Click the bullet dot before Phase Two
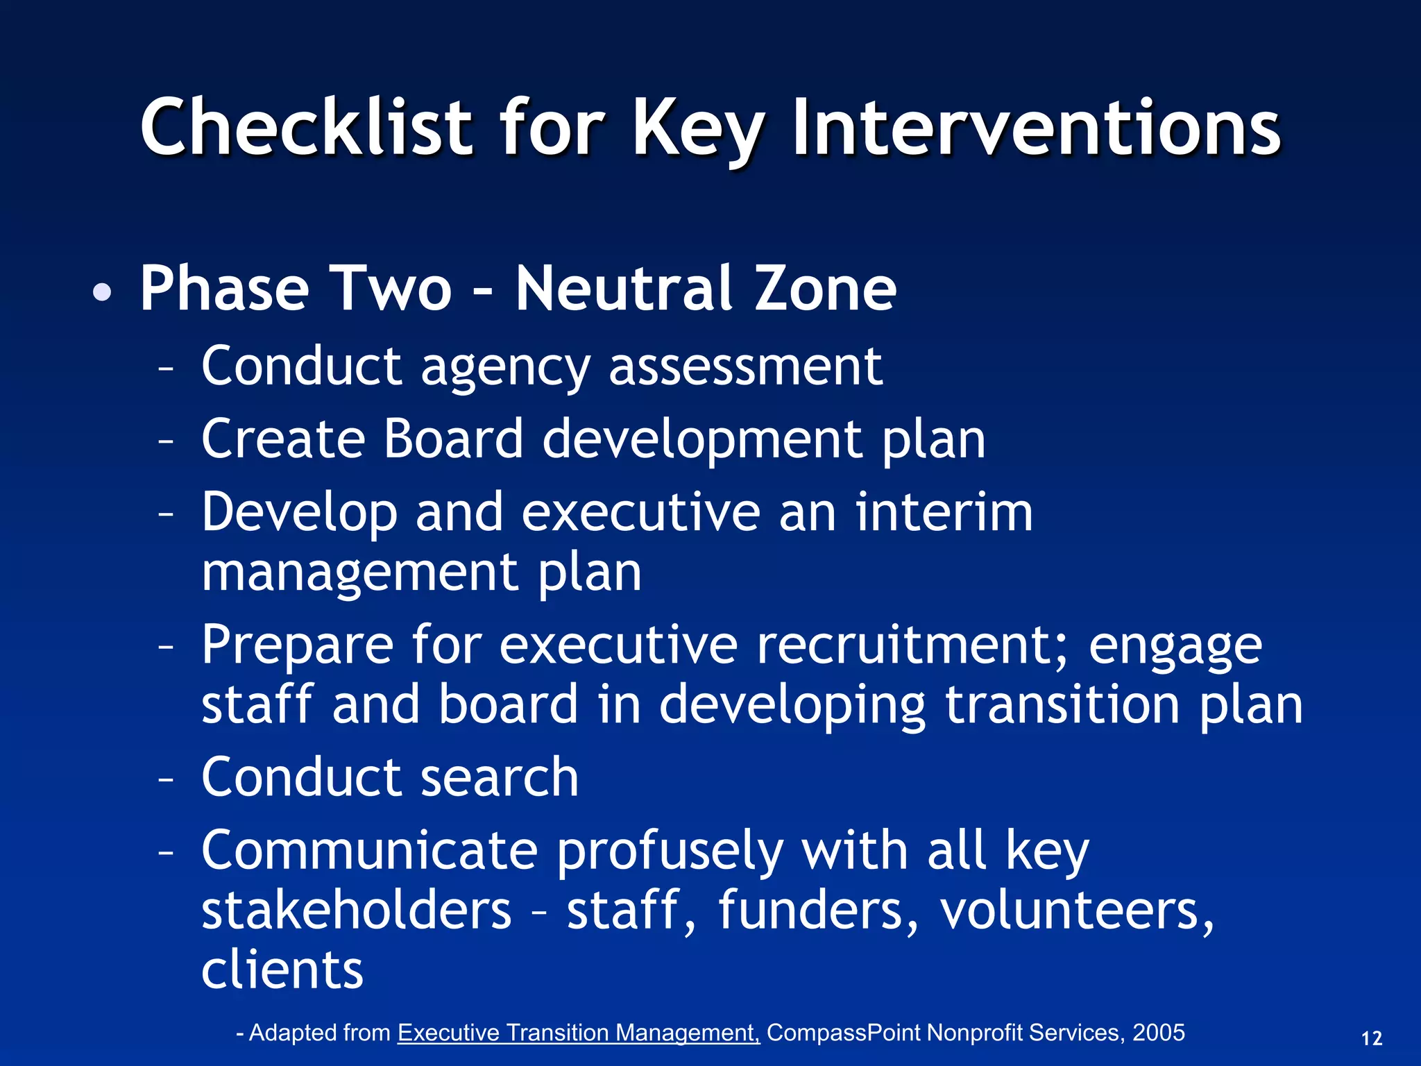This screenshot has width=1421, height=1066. (x=102, y=292)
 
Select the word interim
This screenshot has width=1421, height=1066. (x=944, y=512)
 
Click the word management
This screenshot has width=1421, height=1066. (x=360, y=573)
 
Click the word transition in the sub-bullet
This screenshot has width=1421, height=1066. (x=1062, y=705)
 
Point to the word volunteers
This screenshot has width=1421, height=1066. (x=1076, y=911)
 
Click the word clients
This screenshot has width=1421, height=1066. (x=282, y=970)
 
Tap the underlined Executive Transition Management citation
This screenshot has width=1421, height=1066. (x=579, y=1033)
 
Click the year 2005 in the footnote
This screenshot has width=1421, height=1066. (x=1158, y=1033)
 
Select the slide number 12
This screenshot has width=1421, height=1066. (x=1372, y=1039)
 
